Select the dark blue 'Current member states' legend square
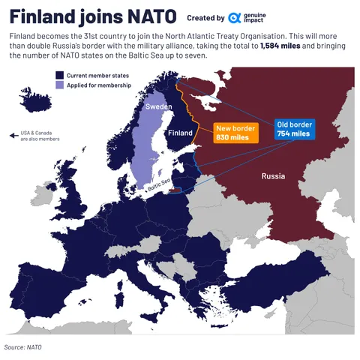(x=58, y=75)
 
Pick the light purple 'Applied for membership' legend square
(x=58, y=85)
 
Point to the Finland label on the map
(x=180, y=133)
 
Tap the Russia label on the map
(x=273, y=177)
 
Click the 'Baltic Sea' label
(x=159, y=184)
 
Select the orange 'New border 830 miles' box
(x=235, y=133)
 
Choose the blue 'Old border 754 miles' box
(x=293, y=128)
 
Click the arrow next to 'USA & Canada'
(x=13, y=136)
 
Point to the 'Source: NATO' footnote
(x=22, y=347)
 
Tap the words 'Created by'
(x=205, y=18)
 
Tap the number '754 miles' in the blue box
(x=293, y=133)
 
